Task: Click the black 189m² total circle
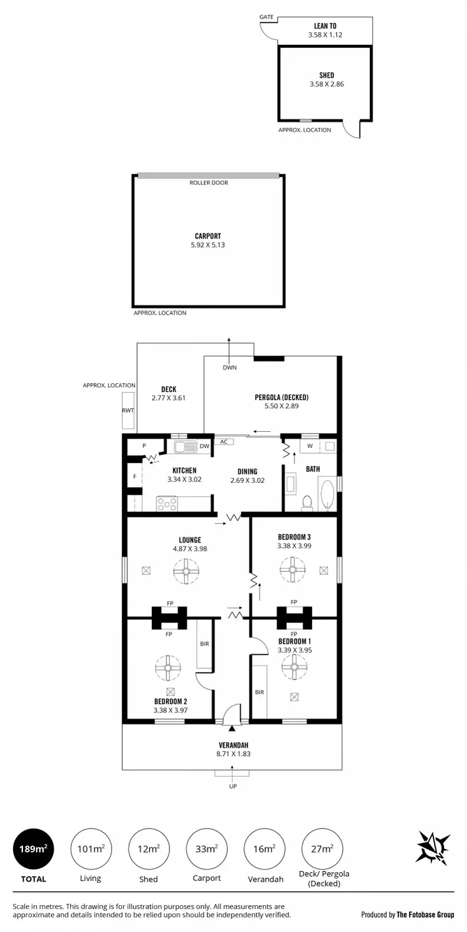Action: pyautogui.click(x=33, y=848)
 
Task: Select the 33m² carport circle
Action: pyautogui.click(x=207, y=848)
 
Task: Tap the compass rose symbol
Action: pyautogui.click(x=433, y=847)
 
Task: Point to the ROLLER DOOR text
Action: pyautogui.click(x=209, y=183)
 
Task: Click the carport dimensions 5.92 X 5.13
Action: pyautogui.click(x=208, y=245)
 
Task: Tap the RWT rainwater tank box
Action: pyautogui.click(x=128, y=411)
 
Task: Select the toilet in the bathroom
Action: pyautogui.click(x=306, y=503)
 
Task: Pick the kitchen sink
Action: pyautogui.click(x=185, y=446)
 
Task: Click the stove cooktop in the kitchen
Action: pyautogui.click(x=167, y=503)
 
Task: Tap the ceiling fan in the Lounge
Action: pyautogui.click(x=186, y=571)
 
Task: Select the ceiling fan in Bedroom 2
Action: pyautogui.click(x=167, y=668)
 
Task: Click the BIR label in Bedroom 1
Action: pyautogui.click(x=260, y=691)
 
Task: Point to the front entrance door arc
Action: pyautogui.click(x=232, y=713)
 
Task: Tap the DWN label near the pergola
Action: pyautogui.click(x=229, y=367)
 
